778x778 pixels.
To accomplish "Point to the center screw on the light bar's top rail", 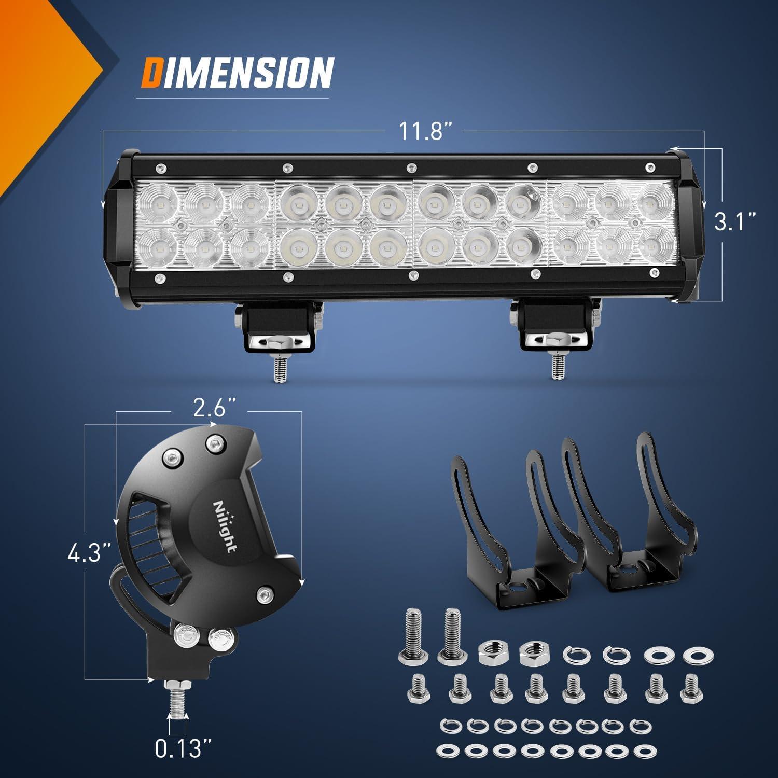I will click(x=411, y=168).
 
